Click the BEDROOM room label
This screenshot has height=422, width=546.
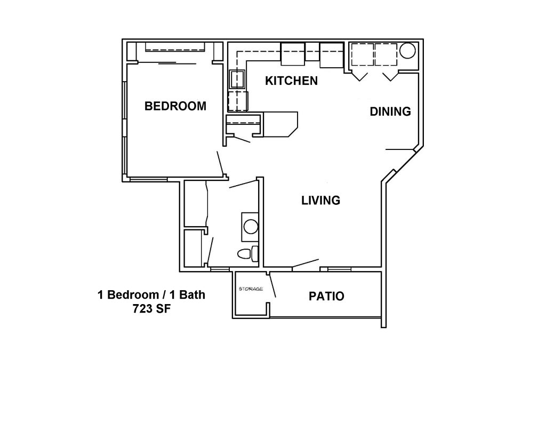click(175, 106)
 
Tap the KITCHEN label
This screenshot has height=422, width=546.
click(292, 81)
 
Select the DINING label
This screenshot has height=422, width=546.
click(390, 112)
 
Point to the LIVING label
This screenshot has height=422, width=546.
click(320, 201)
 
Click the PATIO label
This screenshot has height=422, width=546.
click(327, 296)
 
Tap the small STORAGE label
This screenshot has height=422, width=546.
click(251, 289)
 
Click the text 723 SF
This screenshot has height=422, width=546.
click(151, 309)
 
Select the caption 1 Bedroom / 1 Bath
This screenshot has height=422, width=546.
click(151, 295)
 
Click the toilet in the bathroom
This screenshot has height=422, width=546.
click(248, 253)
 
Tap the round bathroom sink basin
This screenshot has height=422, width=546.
click(251, 227)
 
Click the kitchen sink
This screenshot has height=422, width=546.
click(237, 79)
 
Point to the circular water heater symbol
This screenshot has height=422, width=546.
click(407, 51)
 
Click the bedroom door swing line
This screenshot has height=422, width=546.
click(220, 163)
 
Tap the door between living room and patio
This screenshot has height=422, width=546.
click(306, 264)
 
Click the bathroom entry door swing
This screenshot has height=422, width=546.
click(243, 184)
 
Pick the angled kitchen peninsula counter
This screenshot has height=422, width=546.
click(280, 124)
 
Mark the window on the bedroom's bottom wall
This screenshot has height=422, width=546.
click(148, 179)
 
